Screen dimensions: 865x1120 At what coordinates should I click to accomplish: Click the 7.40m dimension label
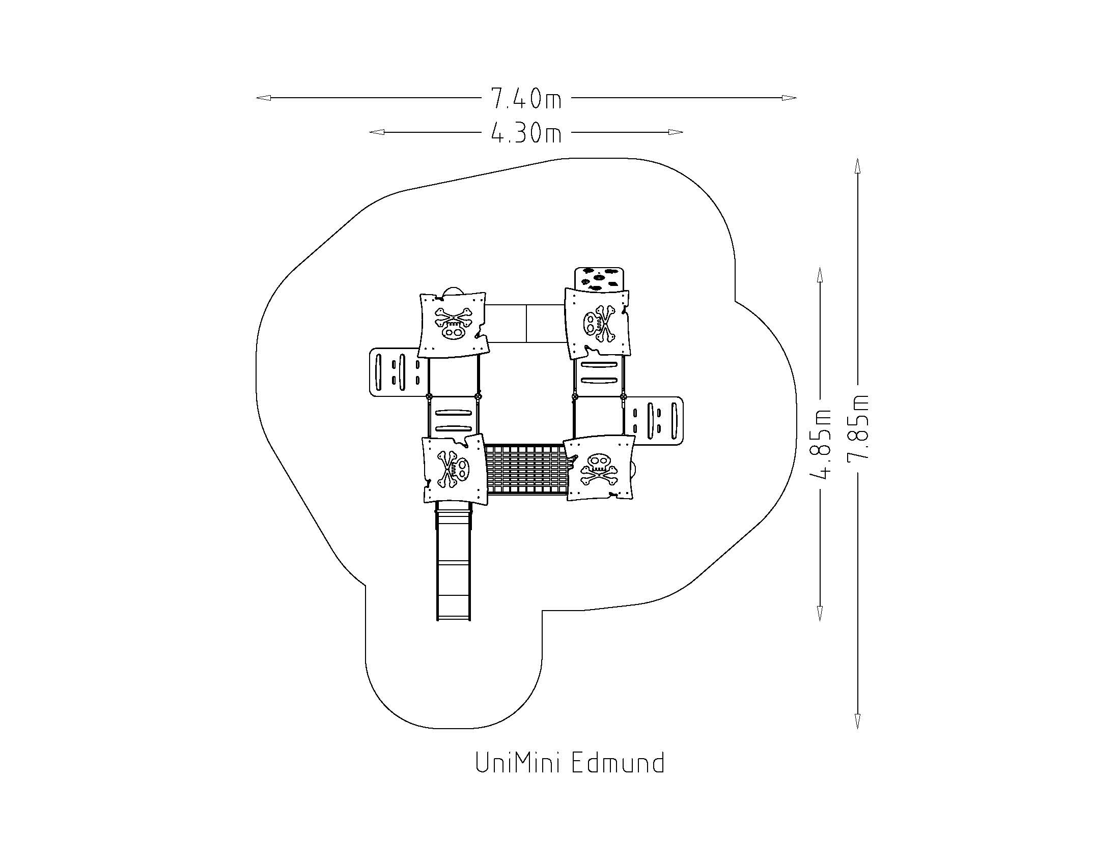tap(526, 98)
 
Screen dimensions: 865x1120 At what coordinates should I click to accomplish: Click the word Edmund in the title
tap(618, 763)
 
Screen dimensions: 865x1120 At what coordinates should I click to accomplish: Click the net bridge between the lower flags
tap(526, 470)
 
